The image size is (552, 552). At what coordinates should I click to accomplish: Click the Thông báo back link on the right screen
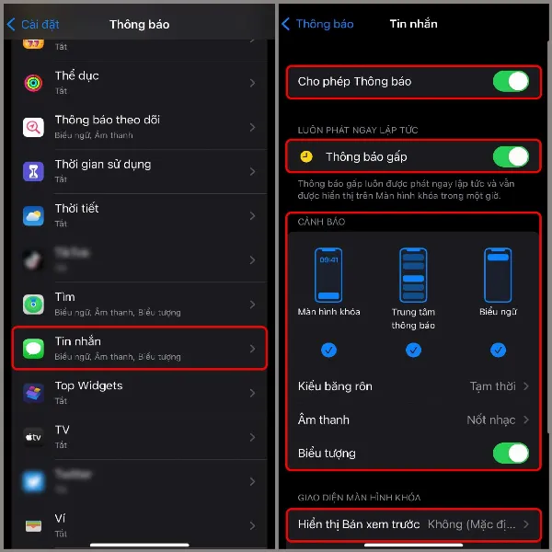pos(318,24)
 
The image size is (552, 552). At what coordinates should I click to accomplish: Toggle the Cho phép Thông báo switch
pos(511,82)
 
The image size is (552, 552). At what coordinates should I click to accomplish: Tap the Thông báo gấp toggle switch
pos(511,156)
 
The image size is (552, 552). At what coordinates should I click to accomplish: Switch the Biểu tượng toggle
pos(511,453)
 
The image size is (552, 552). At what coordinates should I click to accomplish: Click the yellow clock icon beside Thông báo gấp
pos(306,156)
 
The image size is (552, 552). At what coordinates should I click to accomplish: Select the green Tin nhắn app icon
pos(34,349)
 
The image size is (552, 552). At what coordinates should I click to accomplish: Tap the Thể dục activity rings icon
pos(34,83)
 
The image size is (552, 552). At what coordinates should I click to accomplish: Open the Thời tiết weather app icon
pos(34,216)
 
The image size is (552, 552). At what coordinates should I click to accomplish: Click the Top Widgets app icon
pos(34,393)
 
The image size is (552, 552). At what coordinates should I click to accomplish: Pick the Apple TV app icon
pos(34,437)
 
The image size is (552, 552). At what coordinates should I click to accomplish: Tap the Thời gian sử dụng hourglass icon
pos(34,172)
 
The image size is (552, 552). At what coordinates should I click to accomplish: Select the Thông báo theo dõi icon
pos(34,127)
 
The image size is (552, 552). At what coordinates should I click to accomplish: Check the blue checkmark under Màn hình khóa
pos(328,350)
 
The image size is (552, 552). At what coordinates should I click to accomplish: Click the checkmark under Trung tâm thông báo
pos(413,350)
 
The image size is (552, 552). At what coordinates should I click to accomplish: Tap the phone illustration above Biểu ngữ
pos(498,274)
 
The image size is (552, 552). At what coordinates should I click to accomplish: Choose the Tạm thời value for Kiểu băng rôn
pos(491,386)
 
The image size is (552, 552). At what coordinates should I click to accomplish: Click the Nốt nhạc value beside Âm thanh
pos(491,420)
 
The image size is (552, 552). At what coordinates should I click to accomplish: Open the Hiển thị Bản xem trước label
pos(360,524)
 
